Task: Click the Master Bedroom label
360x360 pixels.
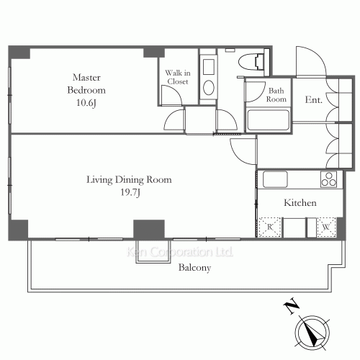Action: (86, 84)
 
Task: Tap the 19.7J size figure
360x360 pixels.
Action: (130, 192)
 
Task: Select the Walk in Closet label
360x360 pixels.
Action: (178, 77)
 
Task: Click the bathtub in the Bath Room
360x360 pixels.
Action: (268, 120)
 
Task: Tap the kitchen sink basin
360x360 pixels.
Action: (275, 179)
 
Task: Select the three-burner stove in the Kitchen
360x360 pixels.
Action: (328, 179)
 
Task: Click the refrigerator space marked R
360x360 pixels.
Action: (270, 227)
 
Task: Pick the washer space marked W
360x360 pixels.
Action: (326, 227)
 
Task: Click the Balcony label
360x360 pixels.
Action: (194, 268)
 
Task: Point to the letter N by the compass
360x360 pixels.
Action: (292, 306)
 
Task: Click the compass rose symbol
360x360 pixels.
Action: (312, 333)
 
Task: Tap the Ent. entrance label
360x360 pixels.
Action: (313, 99)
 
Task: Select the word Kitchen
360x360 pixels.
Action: (300, 203)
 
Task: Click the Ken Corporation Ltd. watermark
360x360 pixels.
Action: (179, 252)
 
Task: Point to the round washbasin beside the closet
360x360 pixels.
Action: (209, 87)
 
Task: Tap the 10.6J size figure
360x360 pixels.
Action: (86, 103)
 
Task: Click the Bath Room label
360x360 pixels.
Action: (276, 95)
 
